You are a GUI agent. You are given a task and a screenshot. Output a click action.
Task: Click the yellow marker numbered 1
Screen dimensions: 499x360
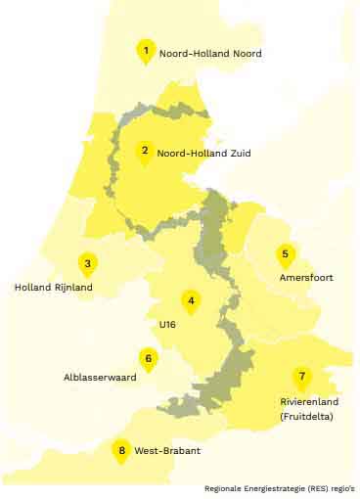pyautogui.click(x=146, y=51)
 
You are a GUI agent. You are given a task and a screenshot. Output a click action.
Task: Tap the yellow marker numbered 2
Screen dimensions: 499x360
pyautogui.click(x=145, y=152)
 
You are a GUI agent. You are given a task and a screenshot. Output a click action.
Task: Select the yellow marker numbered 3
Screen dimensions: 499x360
pyautogui.click(x=87, y=264)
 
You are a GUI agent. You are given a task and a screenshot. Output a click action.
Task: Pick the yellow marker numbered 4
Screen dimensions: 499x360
pyautogui.click(x=192, y=301)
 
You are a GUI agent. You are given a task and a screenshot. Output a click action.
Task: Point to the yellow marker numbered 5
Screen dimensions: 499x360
pyautogui.click(x=285, y=255)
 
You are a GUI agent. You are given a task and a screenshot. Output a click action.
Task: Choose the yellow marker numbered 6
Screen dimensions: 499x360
pyautogui.click(x=148, y=359)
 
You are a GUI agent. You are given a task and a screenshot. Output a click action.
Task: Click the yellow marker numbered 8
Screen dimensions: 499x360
pyautogui.click(x=121, y=450)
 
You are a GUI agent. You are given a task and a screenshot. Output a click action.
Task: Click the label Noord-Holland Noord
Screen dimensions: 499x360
pyautogui.click(x=209, y=53)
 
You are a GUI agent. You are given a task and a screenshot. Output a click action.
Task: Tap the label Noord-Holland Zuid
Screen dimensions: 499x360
pyautogui.click(x=204, y=154)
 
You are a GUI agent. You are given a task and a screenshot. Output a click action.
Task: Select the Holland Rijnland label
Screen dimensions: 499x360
pyautogui.click(x=54, y=288)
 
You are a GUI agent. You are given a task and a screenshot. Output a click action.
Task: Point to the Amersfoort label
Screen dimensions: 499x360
pyautogui.click(x=306, y=278)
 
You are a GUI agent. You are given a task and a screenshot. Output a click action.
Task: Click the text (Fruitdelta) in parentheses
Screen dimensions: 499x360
pyautogui.click(x=305, y=416)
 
